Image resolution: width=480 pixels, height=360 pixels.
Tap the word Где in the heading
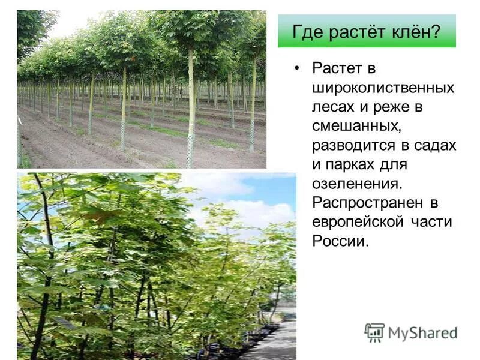(305, 32)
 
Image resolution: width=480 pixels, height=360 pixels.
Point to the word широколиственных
(383, 88)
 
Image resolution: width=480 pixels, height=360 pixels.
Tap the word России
(338, 242)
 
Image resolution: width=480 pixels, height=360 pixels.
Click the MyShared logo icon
(374, 332)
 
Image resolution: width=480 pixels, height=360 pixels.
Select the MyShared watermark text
(422, 334)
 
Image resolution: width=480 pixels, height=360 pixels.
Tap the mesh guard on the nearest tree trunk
(190, 150)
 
